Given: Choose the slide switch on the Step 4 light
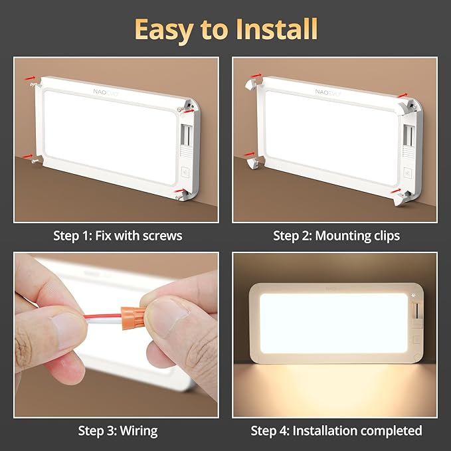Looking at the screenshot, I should pyautogui.click(x=416, y=311).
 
